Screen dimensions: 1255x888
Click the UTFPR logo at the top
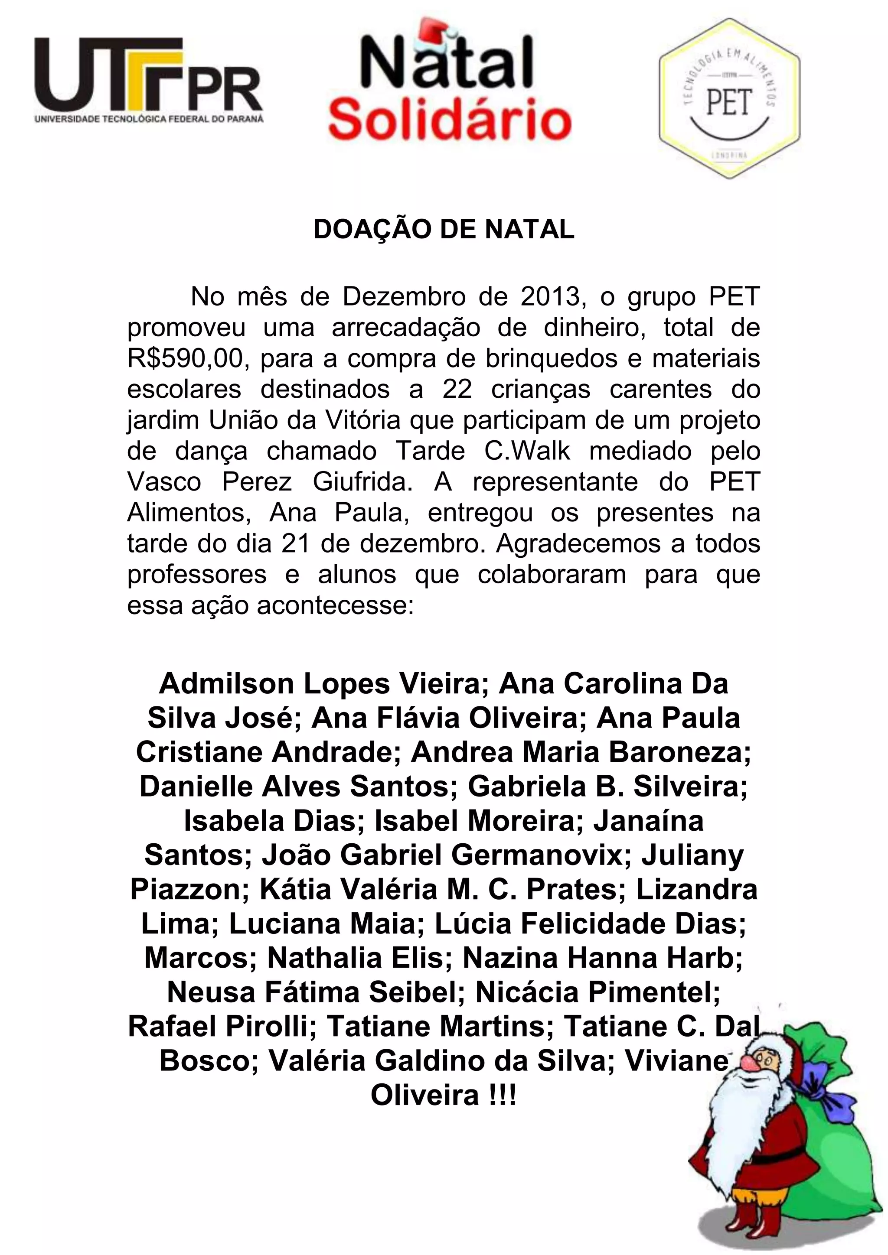point(149,79)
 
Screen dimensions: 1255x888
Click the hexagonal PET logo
point(729,98)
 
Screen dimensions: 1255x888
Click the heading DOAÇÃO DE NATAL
point(444,230)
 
